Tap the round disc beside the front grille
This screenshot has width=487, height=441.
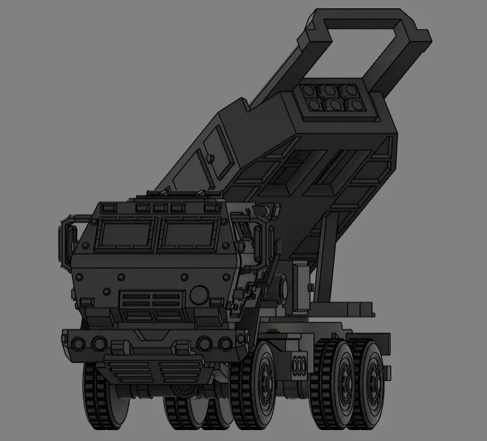pyautogui.click(x=200, y=295)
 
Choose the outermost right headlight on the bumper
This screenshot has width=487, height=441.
pyautogui.click(x=225, y=344)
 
